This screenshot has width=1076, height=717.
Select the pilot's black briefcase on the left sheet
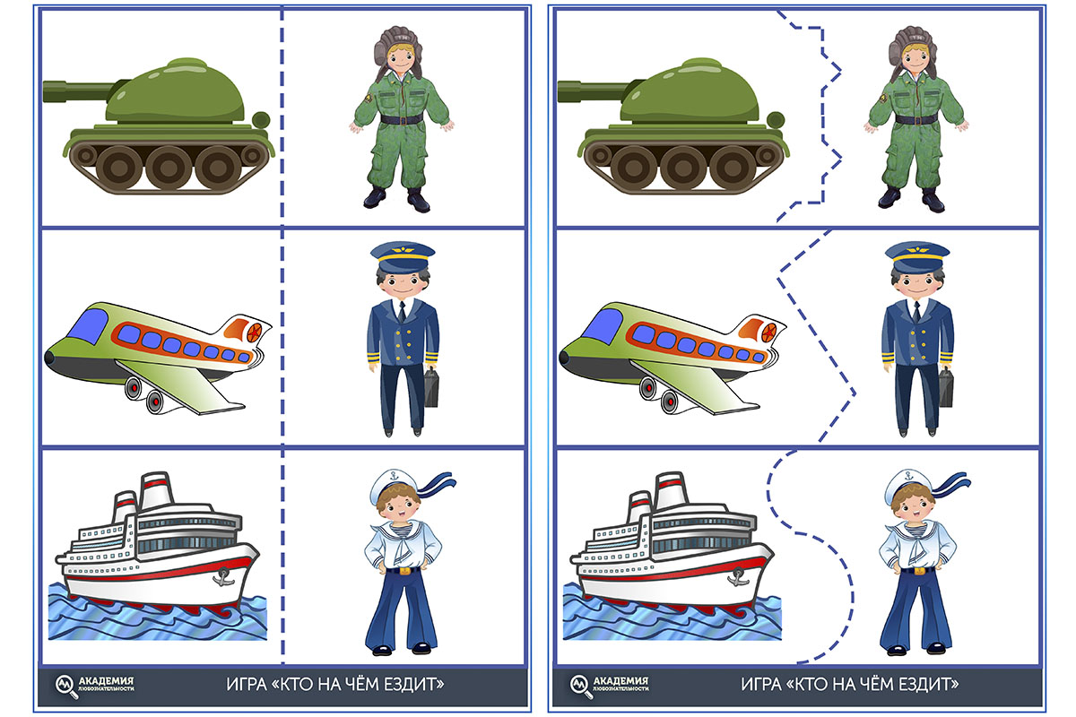tap(431, 387)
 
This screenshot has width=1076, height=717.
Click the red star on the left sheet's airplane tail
tap(254, 332)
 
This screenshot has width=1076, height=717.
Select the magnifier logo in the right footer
tap(580, 686)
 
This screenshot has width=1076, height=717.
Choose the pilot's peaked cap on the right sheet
tap(917, 257)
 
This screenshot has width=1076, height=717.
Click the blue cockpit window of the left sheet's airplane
tap(88, 326)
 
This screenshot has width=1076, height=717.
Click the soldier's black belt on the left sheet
tap(402, 119)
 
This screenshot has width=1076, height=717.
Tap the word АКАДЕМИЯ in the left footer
tap(106, 681)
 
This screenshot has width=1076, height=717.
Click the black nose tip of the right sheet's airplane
tap(563, 358)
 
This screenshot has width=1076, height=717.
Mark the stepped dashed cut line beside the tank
tap(821, 117)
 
